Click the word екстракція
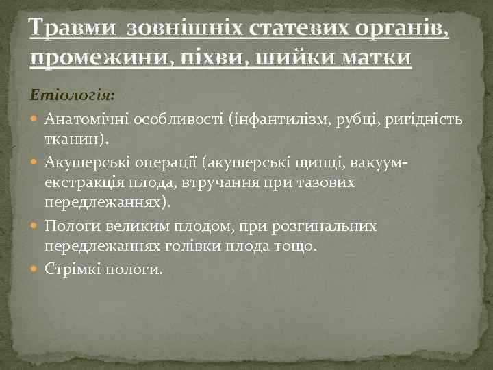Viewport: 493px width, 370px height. pos(84,184)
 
